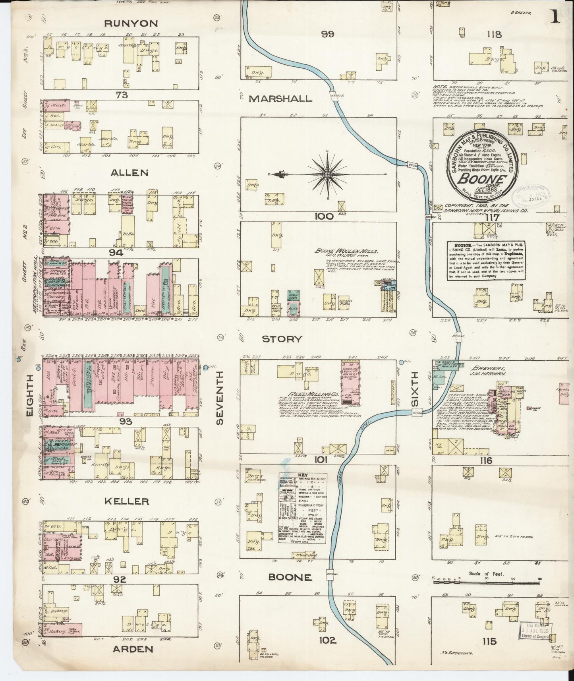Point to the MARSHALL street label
[x=280, y=99]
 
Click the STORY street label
[x=282, y=339]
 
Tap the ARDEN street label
[x=133, y=649]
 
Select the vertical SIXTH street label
[x=415, y=389]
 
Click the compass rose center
[x=327, y=174]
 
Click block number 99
[x=328, y=34]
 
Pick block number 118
[x=494, y=35]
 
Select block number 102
[x=327, y=640]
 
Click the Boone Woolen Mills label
[x=346, y=251]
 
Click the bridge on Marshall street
[x=336, y=96]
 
